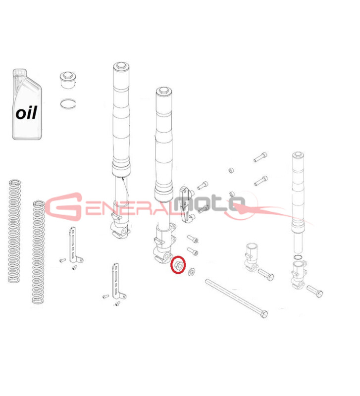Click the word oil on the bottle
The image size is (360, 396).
point(26,112)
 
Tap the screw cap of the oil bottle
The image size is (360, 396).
point(19,72)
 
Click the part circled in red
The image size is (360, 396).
point(178,265)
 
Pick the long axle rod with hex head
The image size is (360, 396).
point(237,298)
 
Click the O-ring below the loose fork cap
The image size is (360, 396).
point(68,103)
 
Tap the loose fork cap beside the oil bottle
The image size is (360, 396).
point(68,80)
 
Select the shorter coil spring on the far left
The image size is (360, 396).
point(14,231)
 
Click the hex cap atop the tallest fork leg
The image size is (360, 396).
point(121,66)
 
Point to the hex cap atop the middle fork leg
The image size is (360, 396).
point(164,91)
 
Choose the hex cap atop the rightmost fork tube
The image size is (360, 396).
point(298,155)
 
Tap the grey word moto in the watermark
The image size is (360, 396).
point(209,203)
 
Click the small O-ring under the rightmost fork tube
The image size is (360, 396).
point(298,257)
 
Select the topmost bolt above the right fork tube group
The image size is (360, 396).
point(260,157)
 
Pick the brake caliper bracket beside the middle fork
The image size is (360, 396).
point(187,205)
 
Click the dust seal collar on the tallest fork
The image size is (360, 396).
point(121,169)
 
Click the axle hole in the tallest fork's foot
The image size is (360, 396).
point(124,232)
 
